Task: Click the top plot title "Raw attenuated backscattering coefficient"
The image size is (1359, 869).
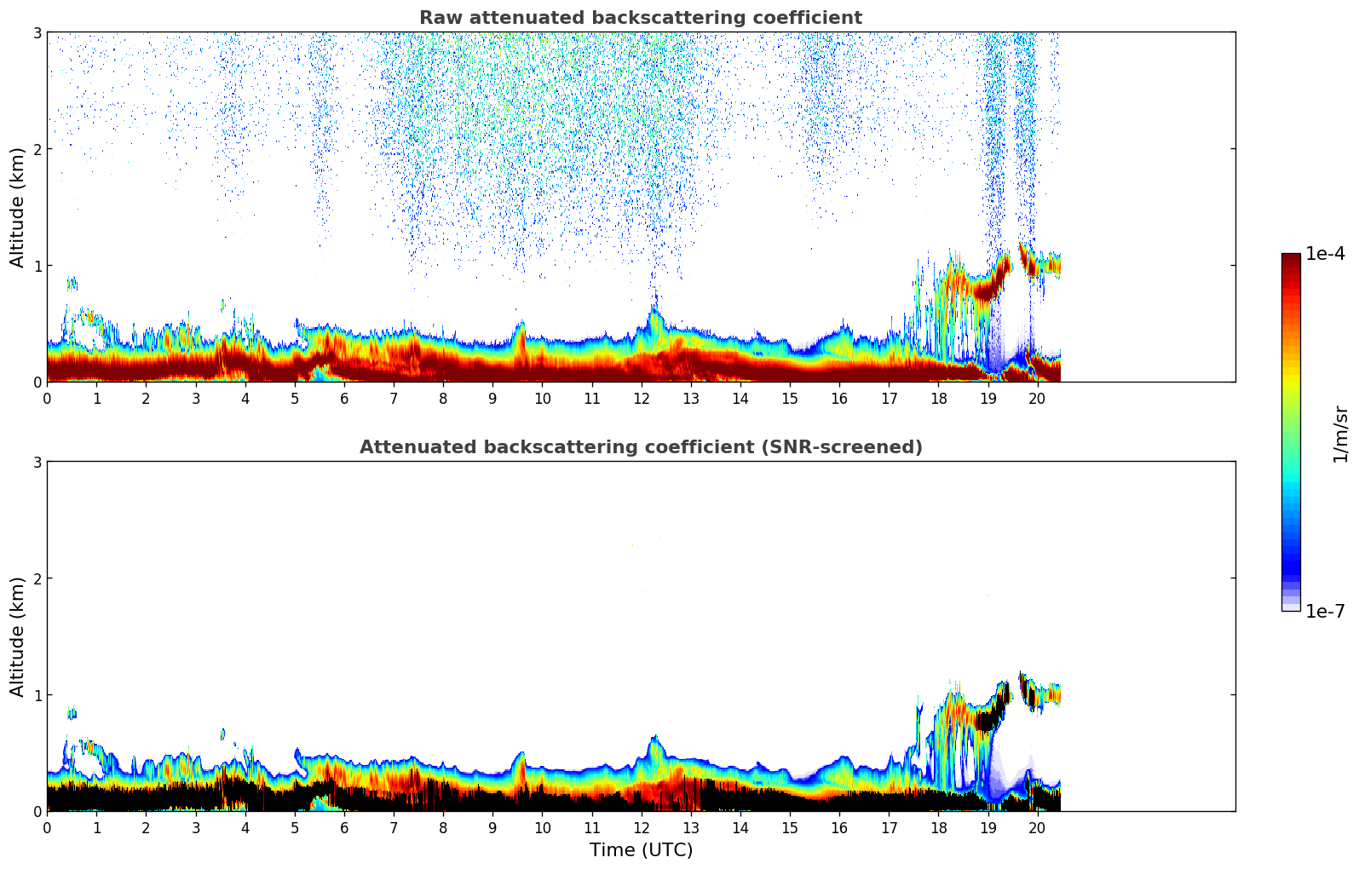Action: tap(641, 18)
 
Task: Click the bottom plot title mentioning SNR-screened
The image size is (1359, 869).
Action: tap(641, 447)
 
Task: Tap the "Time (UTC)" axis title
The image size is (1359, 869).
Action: tap(641, 850)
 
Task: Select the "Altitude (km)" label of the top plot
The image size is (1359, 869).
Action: tap(17, 207)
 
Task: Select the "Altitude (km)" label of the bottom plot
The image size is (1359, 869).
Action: tap(17, 636)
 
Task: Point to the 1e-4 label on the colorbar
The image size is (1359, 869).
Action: tap(1325, 254)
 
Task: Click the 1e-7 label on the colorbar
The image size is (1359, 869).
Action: tap(1325, 611)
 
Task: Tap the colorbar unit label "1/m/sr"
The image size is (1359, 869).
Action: tap(1340, 434)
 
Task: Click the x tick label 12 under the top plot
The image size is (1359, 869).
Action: tap(642, 398)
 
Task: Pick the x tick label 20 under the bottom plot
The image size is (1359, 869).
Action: tap(1038, 827)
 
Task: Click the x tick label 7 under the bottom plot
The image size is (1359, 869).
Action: tap(394, 827)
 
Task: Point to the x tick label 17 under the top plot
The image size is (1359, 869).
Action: tap(889, 398)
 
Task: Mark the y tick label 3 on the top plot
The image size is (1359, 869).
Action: tap(37, 32)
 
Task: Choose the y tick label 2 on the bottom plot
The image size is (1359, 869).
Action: tap(37, 578)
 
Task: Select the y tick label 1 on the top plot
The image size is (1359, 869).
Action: tap(37, 266)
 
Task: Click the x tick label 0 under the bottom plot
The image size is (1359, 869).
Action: tap(47, 827)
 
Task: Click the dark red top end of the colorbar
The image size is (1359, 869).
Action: tap(1291, 257)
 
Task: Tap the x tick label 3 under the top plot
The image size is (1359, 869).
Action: tap(196, 398)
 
